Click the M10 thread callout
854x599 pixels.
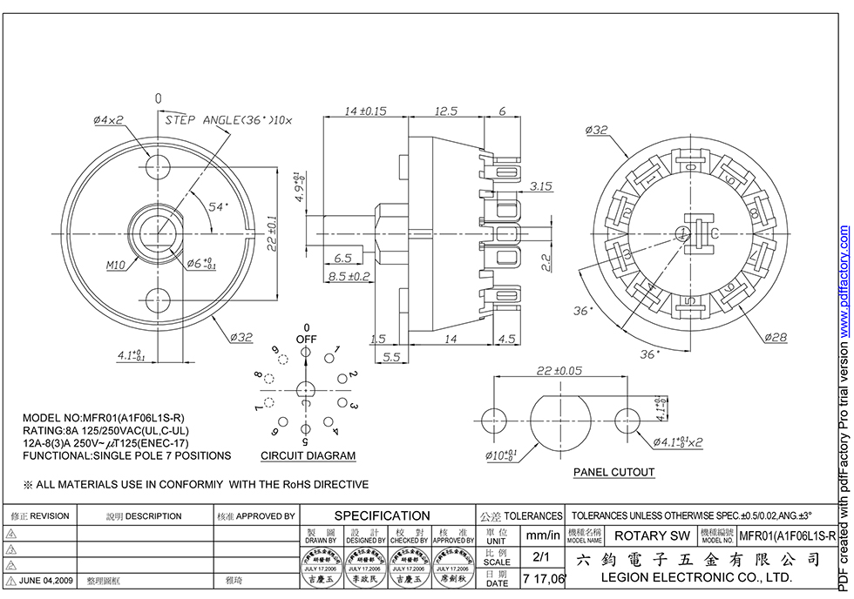117,266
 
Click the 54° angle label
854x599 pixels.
217,207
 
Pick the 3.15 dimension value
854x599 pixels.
541,186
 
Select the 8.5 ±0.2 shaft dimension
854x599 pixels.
349,276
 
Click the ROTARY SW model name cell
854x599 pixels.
652,535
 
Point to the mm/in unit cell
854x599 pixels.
543,535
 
